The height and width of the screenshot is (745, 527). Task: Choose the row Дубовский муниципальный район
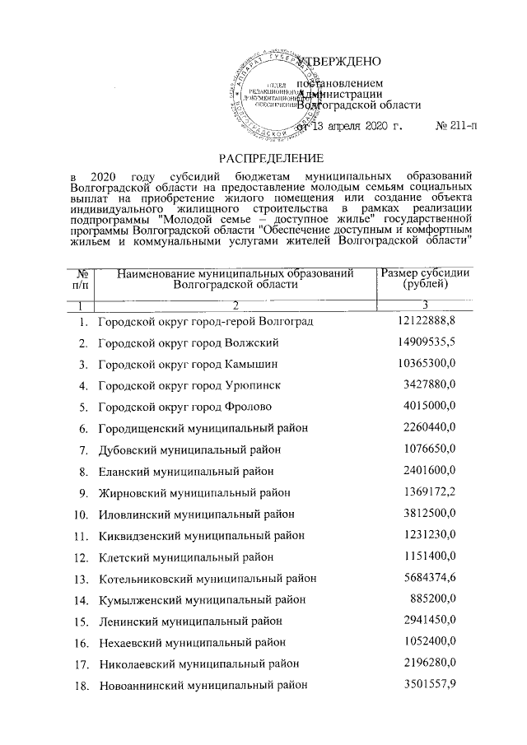click(189, 449)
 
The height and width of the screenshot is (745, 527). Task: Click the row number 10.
click(81, 514)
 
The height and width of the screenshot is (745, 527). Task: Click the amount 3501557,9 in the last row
click(429, 684)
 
